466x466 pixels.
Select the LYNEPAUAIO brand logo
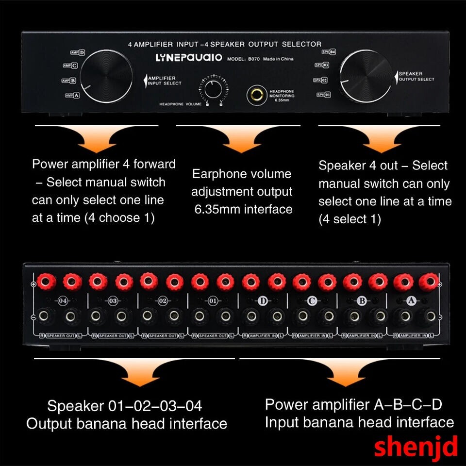point(189,58)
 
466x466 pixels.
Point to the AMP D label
point(78,53)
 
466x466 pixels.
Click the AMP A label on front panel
point(72,96)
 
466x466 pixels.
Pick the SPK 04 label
point(329,51)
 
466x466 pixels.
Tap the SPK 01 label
point(324,95)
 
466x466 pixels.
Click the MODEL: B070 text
point(244,59)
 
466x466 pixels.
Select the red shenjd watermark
point(416,446)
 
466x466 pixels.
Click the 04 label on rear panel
point(63,301)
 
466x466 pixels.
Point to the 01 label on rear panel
point(213,301)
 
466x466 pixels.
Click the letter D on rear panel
point(263,301)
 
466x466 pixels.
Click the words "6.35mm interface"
point(243,209)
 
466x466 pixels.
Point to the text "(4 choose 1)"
point(119,218)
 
